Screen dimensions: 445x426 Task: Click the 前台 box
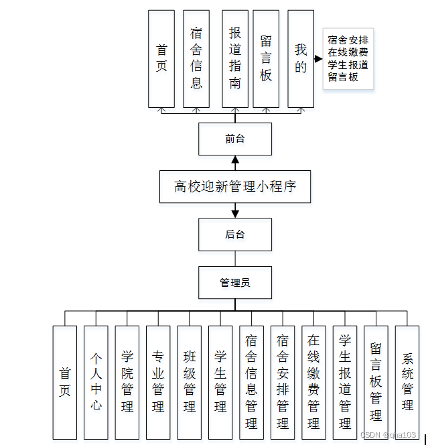234,139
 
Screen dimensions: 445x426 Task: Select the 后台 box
234,235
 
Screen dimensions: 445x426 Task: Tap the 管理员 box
234,283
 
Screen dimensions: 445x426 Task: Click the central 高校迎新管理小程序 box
235,187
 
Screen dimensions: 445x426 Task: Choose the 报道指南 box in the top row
234,58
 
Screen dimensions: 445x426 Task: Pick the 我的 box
301,58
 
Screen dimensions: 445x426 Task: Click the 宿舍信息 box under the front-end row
196,58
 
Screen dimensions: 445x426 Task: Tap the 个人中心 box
96,382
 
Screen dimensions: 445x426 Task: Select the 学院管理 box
127,382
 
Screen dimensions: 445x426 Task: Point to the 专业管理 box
158,382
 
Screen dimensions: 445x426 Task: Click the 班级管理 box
190,382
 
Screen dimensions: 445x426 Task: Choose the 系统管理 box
407,382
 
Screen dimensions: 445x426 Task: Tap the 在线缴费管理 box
313,382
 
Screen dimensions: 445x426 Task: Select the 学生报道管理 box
345,382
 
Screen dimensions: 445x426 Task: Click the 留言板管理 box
376,382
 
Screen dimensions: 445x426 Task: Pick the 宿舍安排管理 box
283,382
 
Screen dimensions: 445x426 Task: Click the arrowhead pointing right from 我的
318,59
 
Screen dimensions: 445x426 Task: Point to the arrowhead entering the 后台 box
235,214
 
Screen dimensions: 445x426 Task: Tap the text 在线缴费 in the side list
347,52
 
